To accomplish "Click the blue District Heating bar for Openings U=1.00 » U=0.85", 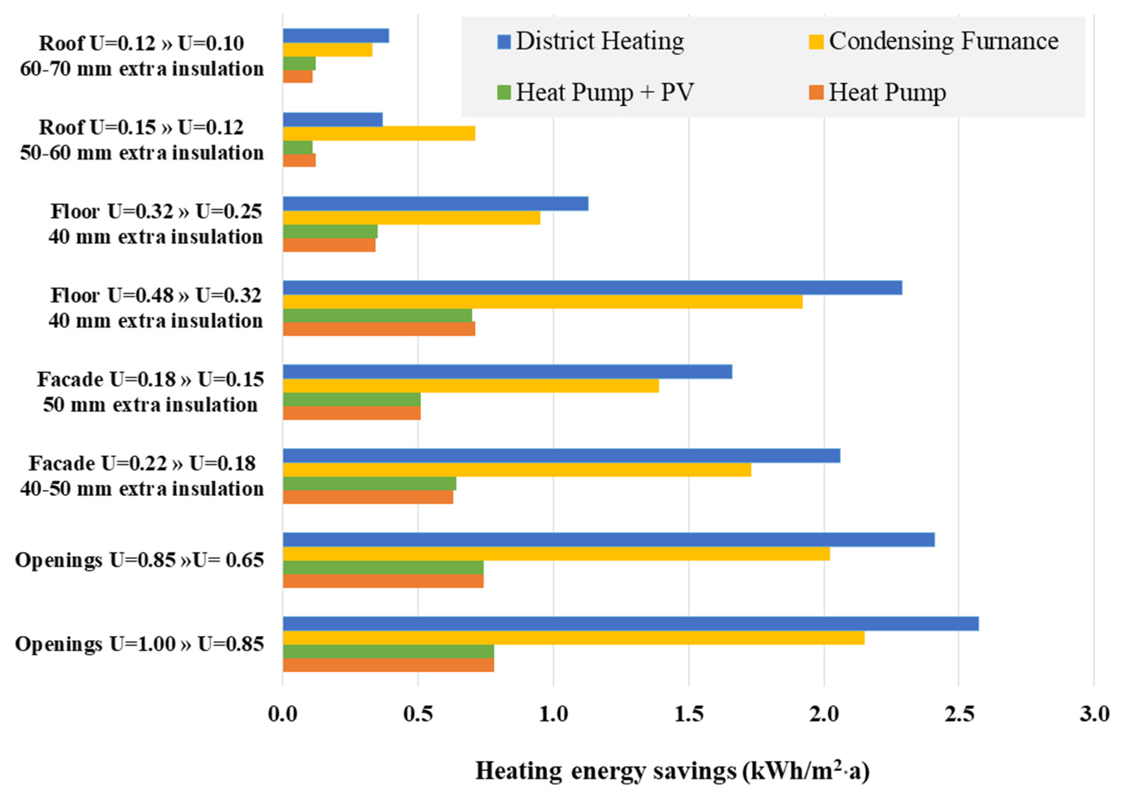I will click(x=630, y=623).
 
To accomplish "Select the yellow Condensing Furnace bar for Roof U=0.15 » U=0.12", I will click(x=379, y=134).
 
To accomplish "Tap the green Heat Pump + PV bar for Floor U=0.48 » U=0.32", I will click(x=377, y=315).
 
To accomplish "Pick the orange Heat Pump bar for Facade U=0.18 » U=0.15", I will click(x=351, y=413).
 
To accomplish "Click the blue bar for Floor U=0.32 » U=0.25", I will click(x=435, y=204).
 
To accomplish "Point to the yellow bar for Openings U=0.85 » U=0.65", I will click(x=556, y=554).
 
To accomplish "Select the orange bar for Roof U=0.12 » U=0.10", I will click(x=297, y=77).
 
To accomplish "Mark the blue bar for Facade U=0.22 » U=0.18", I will click(x=561, y=456).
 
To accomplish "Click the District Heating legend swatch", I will click(x=504, y=41).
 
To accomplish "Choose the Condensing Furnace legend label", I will click(x=943, y=41).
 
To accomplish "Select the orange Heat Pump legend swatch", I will click(x=816, y=92).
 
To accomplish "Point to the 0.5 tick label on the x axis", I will click(x=418, y=714).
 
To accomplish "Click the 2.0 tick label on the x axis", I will click(x=824, y=714).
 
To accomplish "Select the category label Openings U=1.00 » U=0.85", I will click(x=140, y=644).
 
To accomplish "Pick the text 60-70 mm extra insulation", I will click(x=142, y=69).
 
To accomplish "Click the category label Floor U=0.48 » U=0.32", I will click(x=156, y=295).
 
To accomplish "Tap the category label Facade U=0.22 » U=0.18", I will click(x=142, y=463).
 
